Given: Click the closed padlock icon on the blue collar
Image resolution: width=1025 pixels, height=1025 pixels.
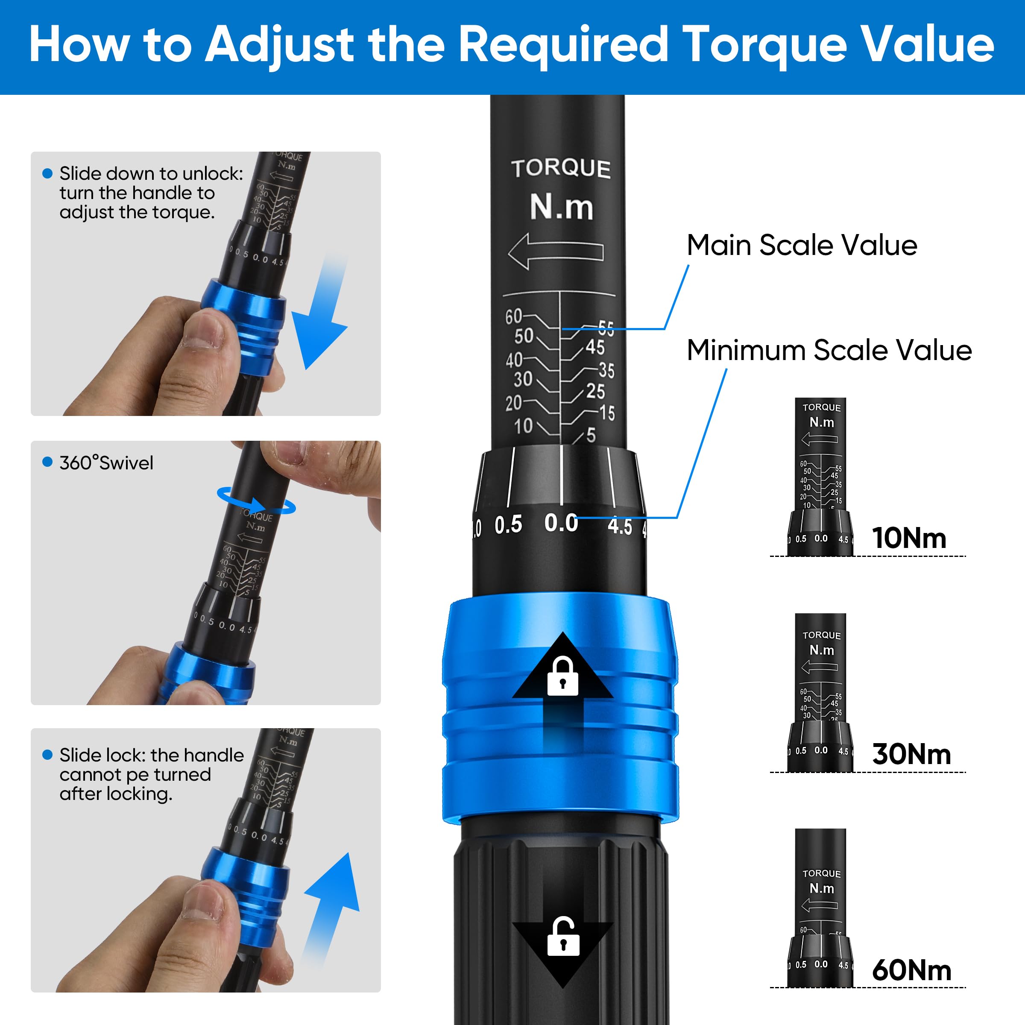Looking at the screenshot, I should [x=562, y=676].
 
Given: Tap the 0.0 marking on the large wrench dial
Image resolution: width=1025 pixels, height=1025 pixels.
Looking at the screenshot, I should [x=561, y=523].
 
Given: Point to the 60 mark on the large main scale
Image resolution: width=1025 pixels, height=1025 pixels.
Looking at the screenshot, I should [x=513, y=317].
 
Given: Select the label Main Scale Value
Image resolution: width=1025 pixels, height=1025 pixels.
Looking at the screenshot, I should [x=802, y=246].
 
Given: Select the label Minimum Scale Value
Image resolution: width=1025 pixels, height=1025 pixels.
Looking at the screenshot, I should [x=829, y=351].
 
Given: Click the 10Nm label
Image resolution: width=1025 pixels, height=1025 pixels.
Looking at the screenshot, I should [x=909, y=538].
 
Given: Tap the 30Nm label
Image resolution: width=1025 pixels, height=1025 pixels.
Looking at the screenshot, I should [x=911, y=754].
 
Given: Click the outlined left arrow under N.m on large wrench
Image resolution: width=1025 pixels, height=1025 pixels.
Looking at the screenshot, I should [x=556, y=252].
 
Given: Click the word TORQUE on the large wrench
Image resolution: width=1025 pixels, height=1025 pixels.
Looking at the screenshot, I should [x=561, y=169].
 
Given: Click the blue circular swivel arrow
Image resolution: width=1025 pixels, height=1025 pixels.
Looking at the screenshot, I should [x=256, y=501].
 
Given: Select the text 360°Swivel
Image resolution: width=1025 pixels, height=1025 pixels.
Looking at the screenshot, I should [x=106, y=463].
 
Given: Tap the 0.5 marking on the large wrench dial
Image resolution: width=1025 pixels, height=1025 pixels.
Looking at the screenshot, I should [x=508, y=525].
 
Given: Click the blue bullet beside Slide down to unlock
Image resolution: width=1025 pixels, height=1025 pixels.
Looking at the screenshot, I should [x=47, y=173].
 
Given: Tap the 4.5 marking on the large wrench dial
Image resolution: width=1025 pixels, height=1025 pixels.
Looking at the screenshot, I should [x=620, y=526].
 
